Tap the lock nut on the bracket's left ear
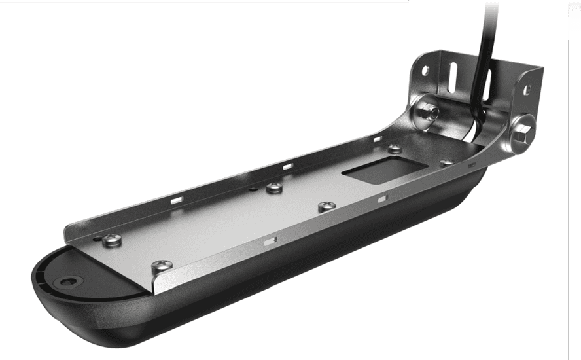click(x=428, y=113)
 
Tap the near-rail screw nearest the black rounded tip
click(x=161, y=267)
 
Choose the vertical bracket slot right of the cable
click(x=487, y=84)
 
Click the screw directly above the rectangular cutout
click(x=395, y=149)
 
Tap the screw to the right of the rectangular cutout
click(x=446, y=163)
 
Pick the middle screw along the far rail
click(x=274, y=189)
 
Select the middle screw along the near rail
click(x=326, y=207)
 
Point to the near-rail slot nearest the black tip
click(x=269, y=240)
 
